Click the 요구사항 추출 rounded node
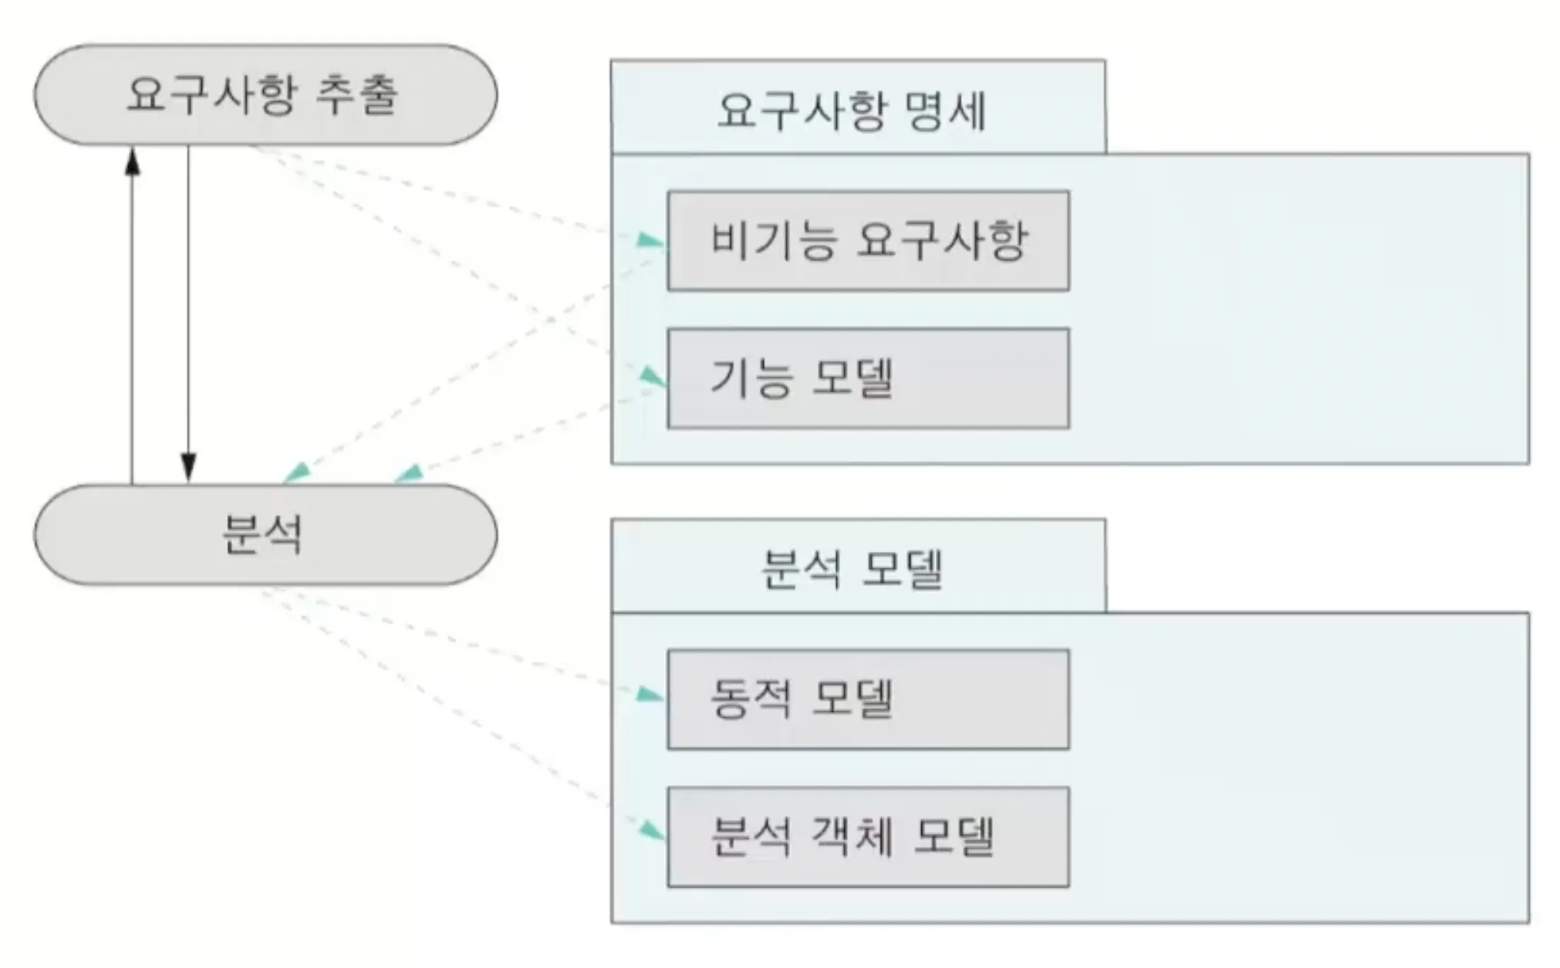coord(265,94)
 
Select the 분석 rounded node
coord(265,534)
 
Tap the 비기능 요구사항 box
coord(868,241)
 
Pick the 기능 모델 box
coord(868,378)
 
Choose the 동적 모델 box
coord(868,699)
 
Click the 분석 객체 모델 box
coord(868,837)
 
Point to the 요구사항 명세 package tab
coord(857,107)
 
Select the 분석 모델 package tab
coord(857,567)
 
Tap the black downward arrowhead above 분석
coord(188,467)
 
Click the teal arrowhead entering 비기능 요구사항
coord(650,241)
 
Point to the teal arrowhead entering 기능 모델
coord(653,377)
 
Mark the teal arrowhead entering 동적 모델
coord(650,695)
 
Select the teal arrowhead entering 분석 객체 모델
coord(653,831)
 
